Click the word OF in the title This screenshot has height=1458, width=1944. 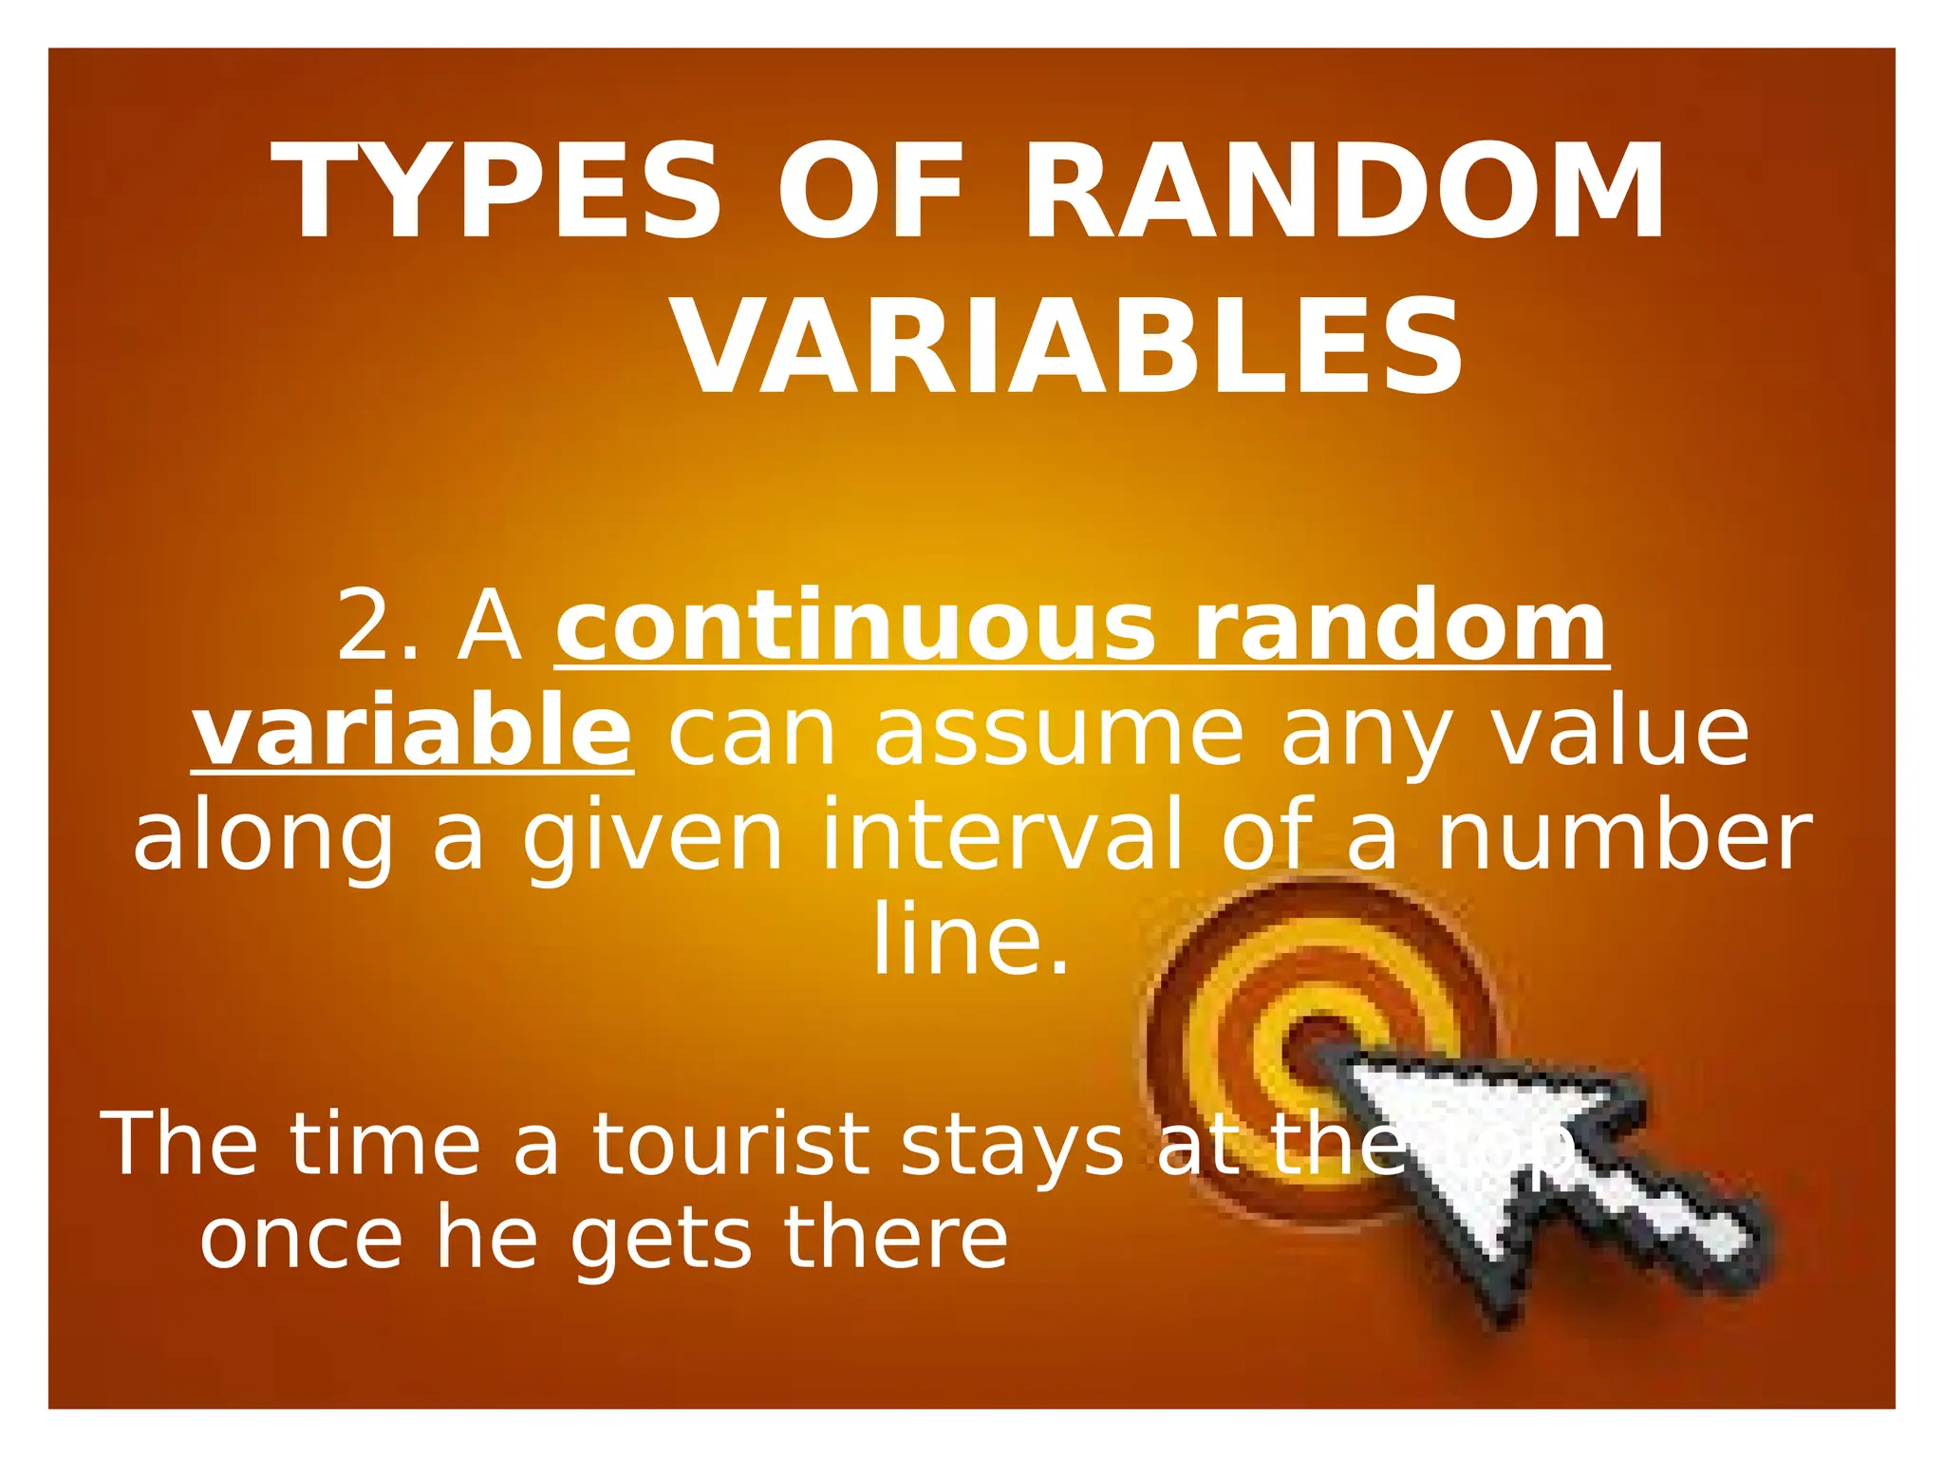[x=870, y=193]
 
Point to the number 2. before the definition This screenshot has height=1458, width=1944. [x=378, y=626]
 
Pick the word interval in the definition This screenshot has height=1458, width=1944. [x=1004, y=835]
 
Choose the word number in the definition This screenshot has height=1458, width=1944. [x=1624, y=835]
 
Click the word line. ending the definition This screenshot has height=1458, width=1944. [x=971, y=940]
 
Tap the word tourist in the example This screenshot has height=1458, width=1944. [x=732, y=1146]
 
